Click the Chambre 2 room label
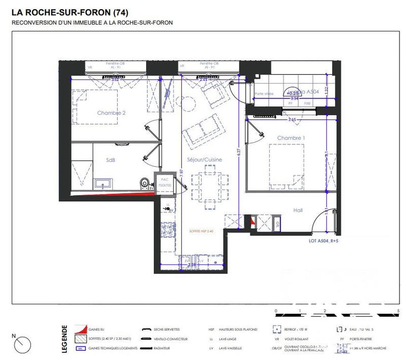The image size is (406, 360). (111, 113)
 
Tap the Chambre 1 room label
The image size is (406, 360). (291, 138)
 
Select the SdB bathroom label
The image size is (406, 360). (111, 160)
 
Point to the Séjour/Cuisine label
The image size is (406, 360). (204, 159)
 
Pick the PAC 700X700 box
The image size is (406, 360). (164, 183)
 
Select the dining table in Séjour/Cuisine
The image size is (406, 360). (206, 186)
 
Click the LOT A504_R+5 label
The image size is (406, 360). (323, 242)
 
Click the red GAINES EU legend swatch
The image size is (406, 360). (80, 330)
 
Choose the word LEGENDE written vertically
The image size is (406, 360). (64, 339)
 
